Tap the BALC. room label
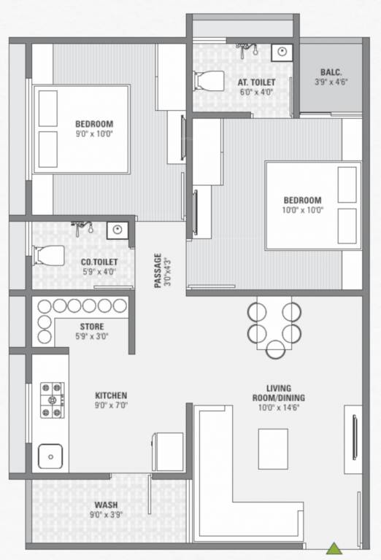click(331, 71)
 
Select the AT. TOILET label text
click(257, 82)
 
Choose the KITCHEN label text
click(111, 395)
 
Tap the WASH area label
click(106, 505)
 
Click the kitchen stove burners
click(52, 400)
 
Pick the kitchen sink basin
click(51, 456)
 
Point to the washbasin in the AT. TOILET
click(281, 52)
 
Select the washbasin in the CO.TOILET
click(116, 231)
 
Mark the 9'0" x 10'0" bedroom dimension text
click(95, 133)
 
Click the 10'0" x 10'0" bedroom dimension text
click(303, 209)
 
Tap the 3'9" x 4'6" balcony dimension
click(331, 82)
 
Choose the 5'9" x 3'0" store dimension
click(92, 337)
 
